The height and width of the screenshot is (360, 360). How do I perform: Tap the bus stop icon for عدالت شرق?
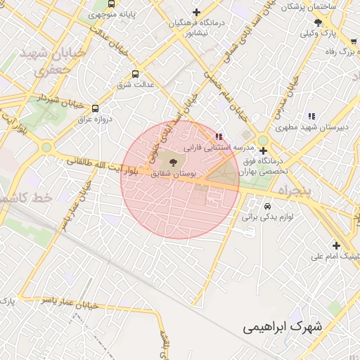[x=136, y=73]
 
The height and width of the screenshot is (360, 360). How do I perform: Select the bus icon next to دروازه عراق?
[x=95, y=108]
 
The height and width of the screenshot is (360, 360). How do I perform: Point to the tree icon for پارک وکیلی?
[x=319, y=22]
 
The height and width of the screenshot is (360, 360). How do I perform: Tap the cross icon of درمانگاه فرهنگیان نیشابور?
[x=196, y=12]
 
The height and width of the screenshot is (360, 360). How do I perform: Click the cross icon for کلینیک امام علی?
[x=337, y=245]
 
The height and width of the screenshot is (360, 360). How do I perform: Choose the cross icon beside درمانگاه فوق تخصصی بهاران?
[x=263, y=150]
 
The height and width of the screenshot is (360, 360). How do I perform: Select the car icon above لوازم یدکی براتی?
[x=268, y=207]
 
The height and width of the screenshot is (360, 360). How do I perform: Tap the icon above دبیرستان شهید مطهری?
[x=311, y=117]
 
